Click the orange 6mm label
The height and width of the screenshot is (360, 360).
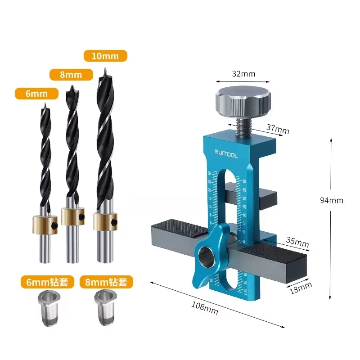(37, 93)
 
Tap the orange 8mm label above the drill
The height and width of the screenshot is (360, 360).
(71, 74)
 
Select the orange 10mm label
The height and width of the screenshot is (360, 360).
(106, 56)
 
